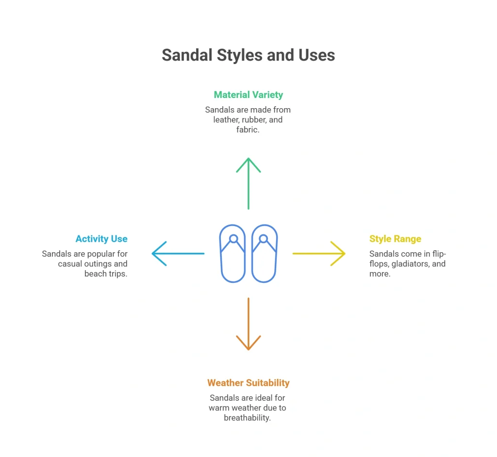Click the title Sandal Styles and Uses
248,55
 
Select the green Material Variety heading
248,95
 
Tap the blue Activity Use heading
101,239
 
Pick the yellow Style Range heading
395,239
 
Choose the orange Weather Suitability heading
248,383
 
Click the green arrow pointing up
248,183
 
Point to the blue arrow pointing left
178,254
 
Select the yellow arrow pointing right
319,254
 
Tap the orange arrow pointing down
248,324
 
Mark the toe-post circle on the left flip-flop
233,239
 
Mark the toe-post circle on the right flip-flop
264,239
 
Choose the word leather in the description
226,120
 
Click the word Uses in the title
316,55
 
